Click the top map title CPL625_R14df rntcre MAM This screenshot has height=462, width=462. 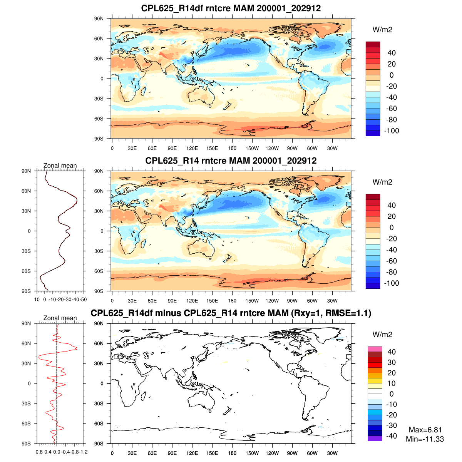click(x=231, y=8)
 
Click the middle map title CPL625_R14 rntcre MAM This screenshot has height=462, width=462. click(x=231, y=161)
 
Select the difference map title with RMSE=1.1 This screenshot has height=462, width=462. click(x=231, y=313)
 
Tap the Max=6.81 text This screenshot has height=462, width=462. click(x=425, y=430)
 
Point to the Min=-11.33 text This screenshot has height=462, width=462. click(x=425, y=439)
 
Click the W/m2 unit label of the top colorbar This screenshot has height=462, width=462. click(x=382, y=30)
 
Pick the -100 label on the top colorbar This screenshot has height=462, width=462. click(x=392, y=131)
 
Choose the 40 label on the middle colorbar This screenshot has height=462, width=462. click(x=392, y=205)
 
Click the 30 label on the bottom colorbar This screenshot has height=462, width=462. click(x=392, y=362)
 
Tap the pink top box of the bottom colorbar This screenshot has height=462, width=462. click(x=375, y=349)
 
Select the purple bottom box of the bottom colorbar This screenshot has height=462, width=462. click(x=375, y=439)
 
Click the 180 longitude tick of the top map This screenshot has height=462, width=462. click(x=232, y=148)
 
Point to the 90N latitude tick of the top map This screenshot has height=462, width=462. click(x=99, y=18)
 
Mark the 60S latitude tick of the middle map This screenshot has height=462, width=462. click(x=99, y=271)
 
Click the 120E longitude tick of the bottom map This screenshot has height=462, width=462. click(x=192, y=453)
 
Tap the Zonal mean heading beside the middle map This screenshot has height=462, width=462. click(x=60, y=166)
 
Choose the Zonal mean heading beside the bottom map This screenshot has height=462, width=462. click(x=60, y=318)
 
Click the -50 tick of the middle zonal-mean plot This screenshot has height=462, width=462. click(x=83, y=300)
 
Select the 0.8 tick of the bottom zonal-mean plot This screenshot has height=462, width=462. click(x=39, y=452)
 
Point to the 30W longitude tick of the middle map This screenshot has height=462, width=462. click(x=332, y=301)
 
